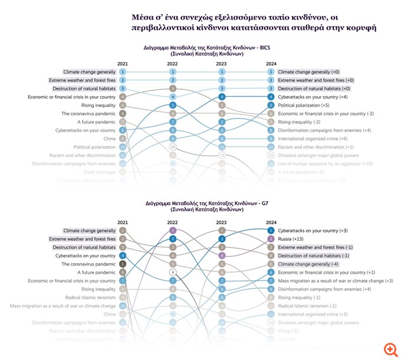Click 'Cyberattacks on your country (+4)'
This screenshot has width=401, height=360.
click(x=311, y=97)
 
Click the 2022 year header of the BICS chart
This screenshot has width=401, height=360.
click(x=173, y=63)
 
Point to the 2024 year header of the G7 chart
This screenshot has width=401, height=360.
click(x=271, y=222)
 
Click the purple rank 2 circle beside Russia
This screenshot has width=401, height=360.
click(x=271, y=239)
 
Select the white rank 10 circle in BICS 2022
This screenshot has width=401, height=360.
click(x=173, y=146)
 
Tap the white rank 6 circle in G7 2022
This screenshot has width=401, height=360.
click(x=173, y=272)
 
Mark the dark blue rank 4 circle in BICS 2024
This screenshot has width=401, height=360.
click(x=271, y=97)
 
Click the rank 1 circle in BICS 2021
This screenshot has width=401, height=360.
click(x=122, y=71)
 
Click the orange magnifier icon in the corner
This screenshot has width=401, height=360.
click(x=389, y=348)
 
